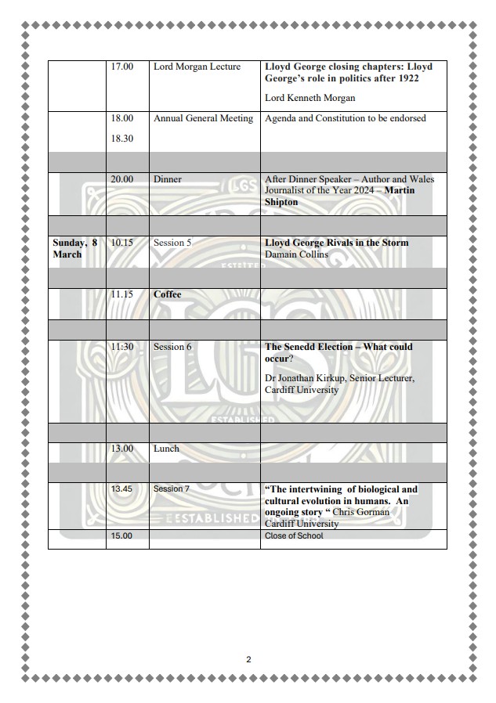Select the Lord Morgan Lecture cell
point(197,67)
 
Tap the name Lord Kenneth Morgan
point(310,98)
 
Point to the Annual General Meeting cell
point(203,119)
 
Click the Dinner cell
point(167,180)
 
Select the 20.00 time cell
point(121,180)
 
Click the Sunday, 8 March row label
point(74,248)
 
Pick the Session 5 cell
point(172,243)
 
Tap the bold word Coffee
point(167,295)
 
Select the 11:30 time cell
point(121,347)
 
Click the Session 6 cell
point(172,347)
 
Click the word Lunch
point(166,449)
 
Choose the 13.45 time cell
point(121,489)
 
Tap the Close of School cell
point(294,536)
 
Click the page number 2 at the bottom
point(248,660)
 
